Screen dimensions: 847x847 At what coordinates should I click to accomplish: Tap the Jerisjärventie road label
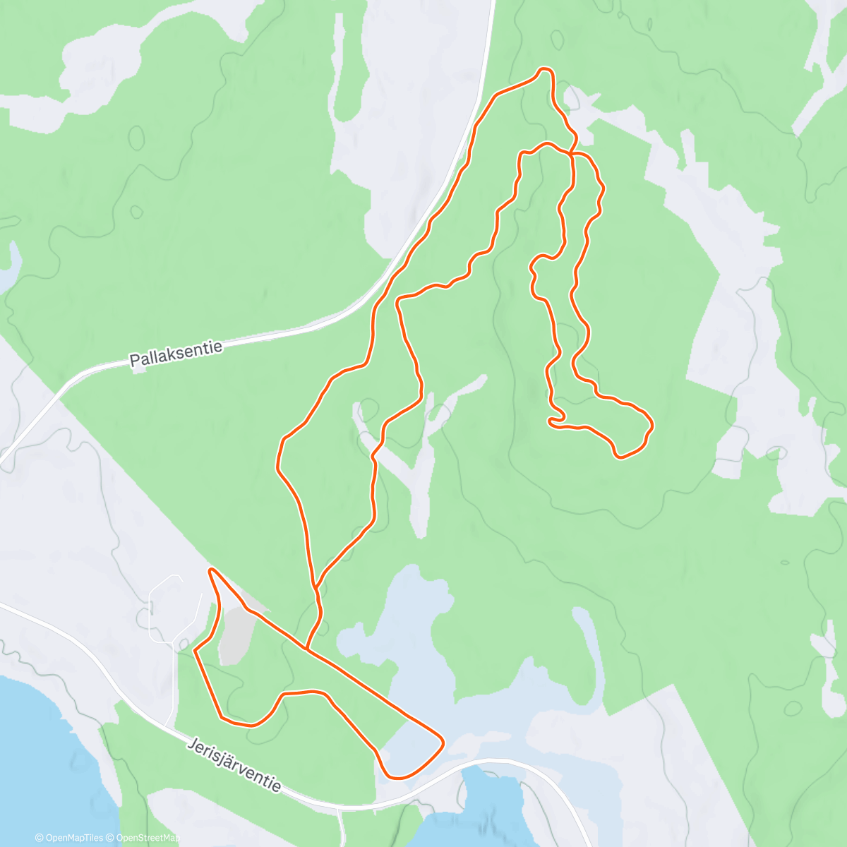tap(235, 765)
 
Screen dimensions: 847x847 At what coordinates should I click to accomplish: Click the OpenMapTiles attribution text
tap(73, 838)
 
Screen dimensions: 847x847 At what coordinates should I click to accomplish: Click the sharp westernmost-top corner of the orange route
tap(210, 569)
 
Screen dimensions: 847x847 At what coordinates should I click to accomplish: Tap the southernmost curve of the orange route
tap(399, 778)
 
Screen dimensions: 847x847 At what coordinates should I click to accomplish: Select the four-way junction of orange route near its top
tap(571, 152)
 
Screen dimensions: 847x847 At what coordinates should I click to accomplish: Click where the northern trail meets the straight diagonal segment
tap(306, 647)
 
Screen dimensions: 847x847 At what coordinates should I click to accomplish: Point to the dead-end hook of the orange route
tap(551, 421)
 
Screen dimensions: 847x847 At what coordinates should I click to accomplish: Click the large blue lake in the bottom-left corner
tap(42, 748)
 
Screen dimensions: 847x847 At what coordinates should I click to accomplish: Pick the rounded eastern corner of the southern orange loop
tap(442, 741)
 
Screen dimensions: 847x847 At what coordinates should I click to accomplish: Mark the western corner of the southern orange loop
tap(196, 651)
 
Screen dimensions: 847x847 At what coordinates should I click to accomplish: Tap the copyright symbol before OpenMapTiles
tap(40, 838)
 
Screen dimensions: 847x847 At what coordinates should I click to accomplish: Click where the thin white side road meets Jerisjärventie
tap(167, 726)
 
